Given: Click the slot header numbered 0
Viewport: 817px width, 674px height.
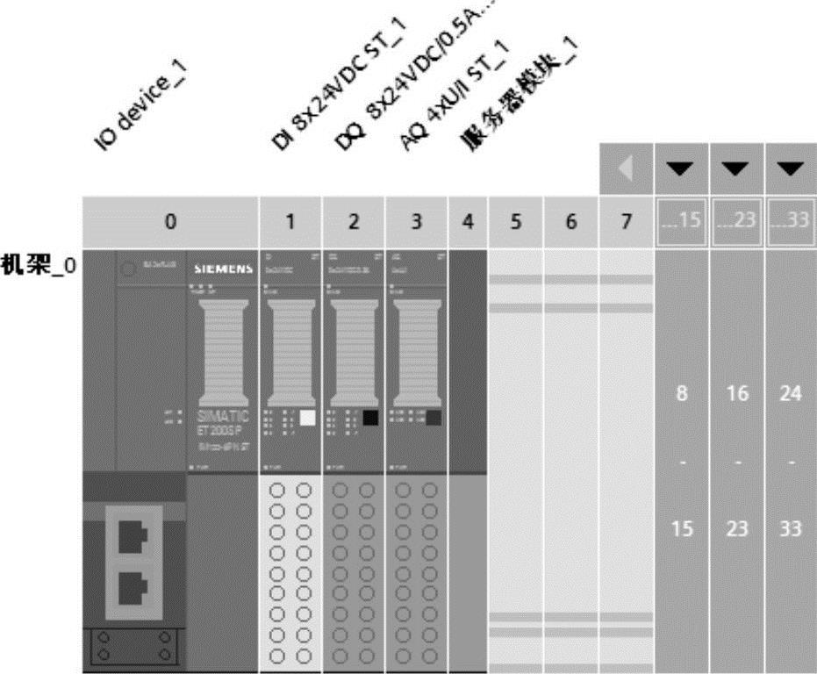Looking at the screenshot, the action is pos(171,224).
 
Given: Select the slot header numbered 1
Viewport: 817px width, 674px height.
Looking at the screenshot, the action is pos(290,224).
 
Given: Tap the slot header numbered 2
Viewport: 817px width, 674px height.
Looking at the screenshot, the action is pos(353,224).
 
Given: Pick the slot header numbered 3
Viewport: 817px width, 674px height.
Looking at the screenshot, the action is pos(416,224).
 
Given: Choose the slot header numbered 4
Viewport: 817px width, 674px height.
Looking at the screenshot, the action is pos(468,224).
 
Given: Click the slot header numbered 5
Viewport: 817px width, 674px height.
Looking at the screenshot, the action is pos(516,224).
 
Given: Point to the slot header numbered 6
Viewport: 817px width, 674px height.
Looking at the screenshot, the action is pos(570,224).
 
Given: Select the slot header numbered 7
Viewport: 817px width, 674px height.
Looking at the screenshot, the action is pos(626,224).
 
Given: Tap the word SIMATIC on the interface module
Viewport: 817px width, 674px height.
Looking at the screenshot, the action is pos(220,414).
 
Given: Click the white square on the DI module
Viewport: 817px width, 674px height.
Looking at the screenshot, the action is pos(307,418).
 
